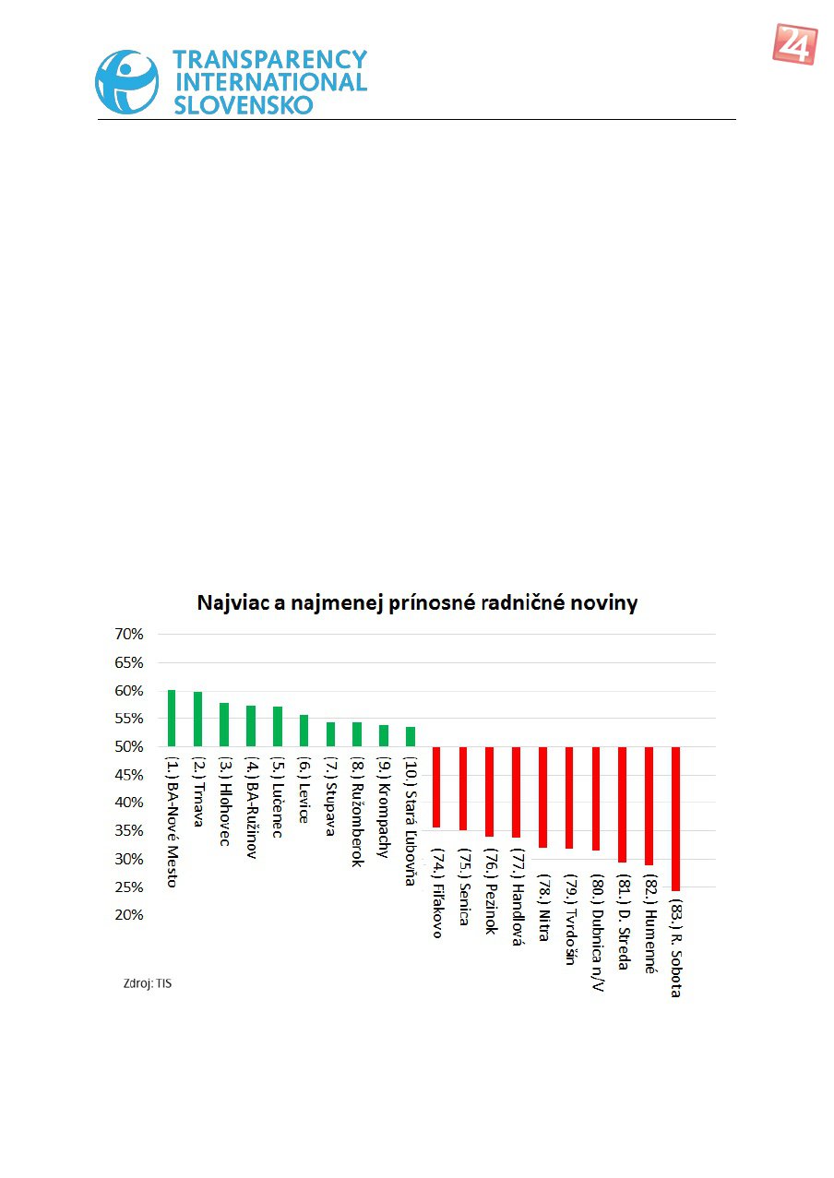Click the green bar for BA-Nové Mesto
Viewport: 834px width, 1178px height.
point(172,719)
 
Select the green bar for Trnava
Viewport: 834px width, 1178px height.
point(197,720)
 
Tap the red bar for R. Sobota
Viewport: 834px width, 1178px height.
point(675,818)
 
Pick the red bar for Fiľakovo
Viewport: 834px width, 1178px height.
point(436,787)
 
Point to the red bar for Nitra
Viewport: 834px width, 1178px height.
point(543,797)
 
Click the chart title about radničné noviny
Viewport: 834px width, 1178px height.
point(417,604)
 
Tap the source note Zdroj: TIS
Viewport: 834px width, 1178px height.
point(148,984)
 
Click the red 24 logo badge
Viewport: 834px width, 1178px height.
point(794,44)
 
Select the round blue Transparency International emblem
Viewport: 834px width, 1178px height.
point(127,82)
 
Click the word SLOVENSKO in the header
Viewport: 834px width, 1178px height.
point(244,104)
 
